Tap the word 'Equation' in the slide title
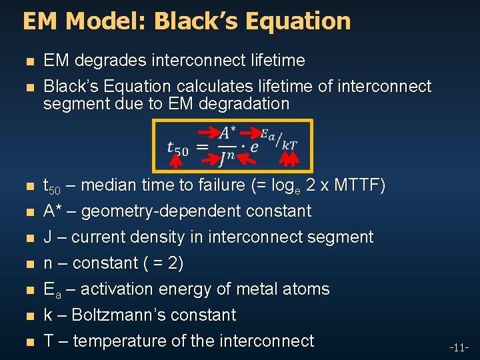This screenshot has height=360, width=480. click(x=297, y=21)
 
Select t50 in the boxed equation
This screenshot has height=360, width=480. click(x=177, y=148)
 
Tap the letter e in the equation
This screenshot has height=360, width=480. click(x=253, y=146)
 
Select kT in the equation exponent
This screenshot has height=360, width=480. click(x=290, y=144)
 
